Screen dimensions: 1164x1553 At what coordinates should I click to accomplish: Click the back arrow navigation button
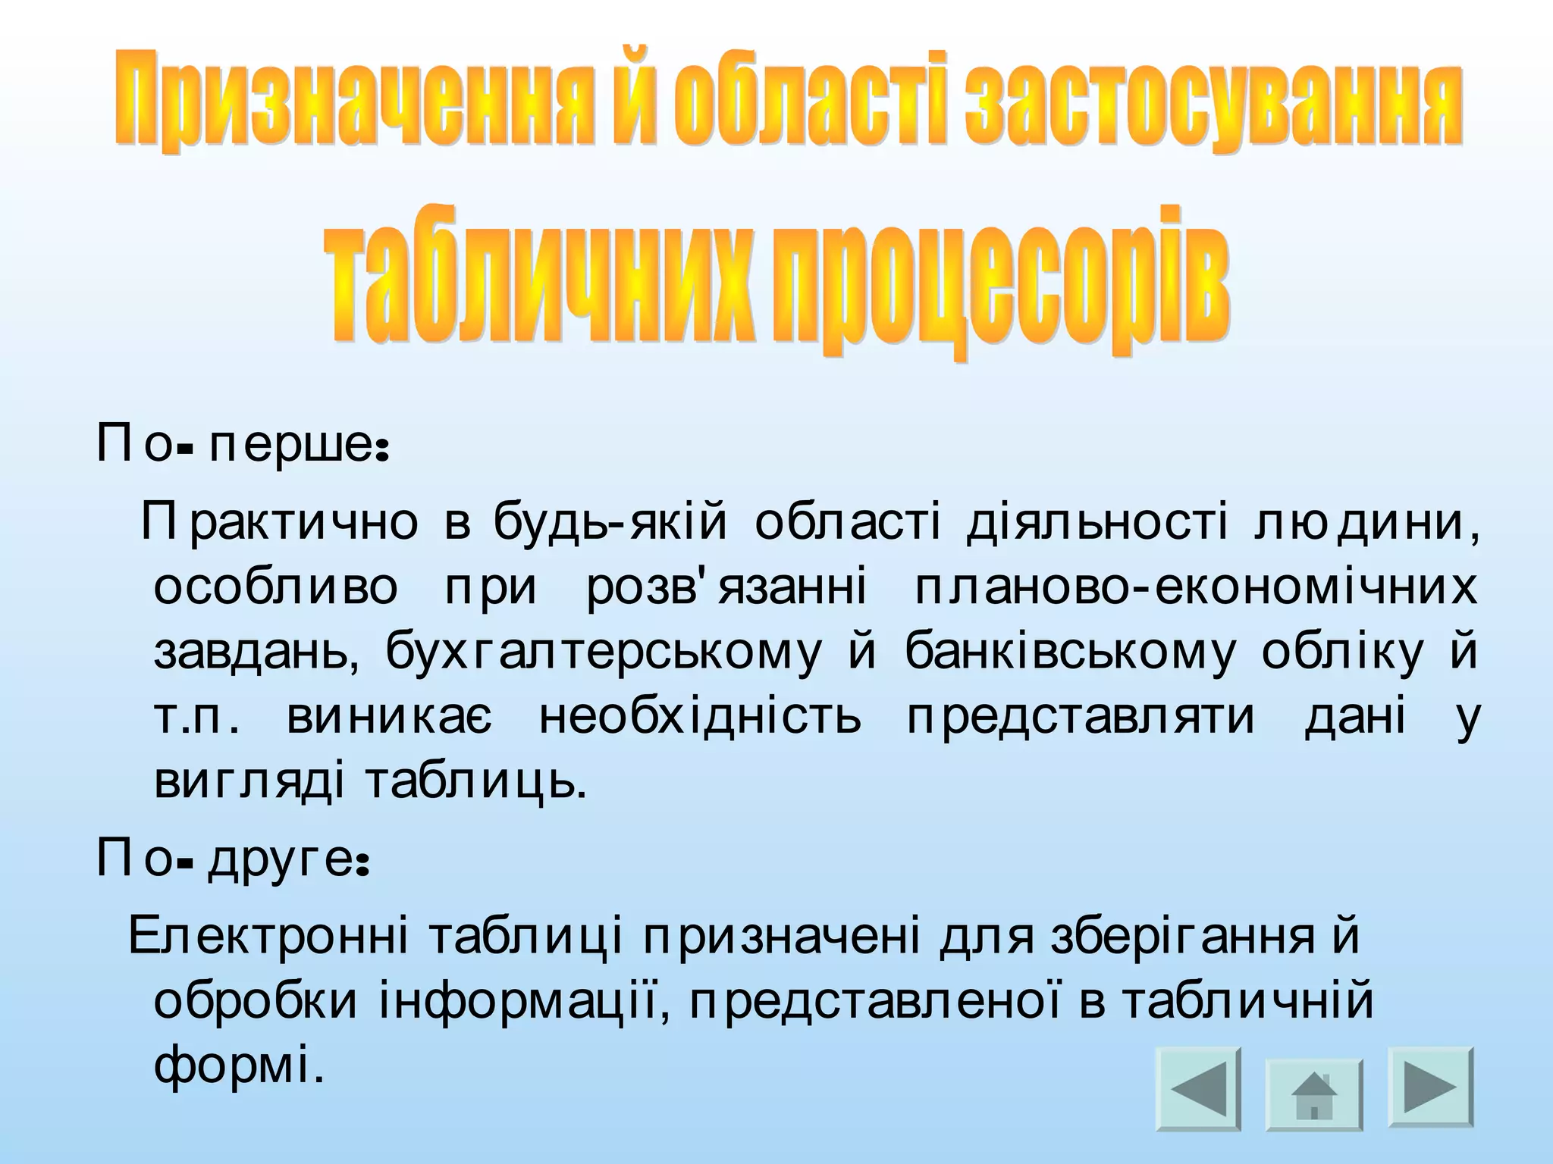[x=1199, y=1089]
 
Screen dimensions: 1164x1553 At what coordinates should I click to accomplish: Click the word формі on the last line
[x=234, y=1066]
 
